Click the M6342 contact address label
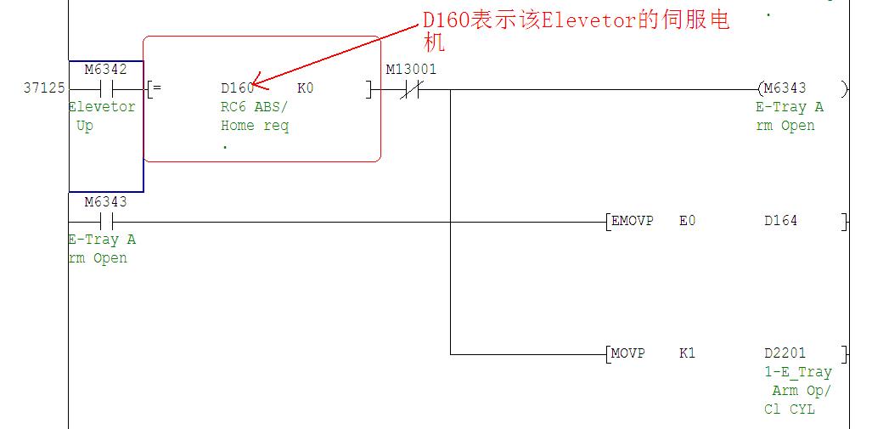pos(105,70)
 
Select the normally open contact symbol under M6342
pos(107,88)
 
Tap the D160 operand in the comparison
pos(237,88)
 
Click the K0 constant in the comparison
pos(305,88)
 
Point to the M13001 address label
pos(411,70)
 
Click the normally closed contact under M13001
pos(412,88)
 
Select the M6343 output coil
pos(785,88)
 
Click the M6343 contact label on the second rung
pos(105,202)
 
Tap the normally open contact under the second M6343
pos(107,222)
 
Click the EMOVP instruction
pos(633,221)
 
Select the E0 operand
pos(687,221)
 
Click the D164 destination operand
pos(780,221)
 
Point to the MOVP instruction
pos(629,353)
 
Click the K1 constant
pos(687,353)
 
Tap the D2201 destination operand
pos(785,353)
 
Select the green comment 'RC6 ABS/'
pos(254,108)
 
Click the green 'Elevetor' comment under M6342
pos(102,107)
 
